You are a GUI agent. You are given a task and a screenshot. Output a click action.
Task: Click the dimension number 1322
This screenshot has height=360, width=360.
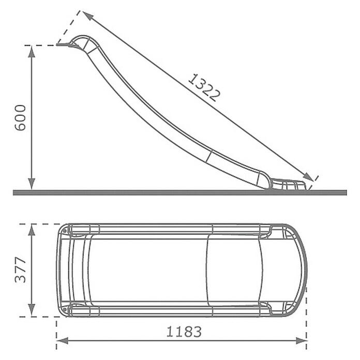204,88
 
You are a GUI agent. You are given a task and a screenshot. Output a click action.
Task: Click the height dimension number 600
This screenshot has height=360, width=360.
20,118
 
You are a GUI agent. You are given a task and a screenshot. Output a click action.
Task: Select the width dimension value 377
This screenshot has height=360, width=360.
20,270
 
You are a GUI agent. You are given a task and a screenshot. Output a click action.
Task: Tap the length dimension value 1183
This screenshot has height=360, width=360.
184,332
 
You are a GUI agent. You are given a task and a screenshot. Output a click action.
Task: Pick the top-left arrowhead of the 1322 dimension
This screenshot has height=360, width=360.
88,16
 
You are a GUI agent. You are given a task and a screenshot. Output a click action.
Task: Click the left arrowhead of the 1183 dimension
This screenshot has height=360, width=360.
62,341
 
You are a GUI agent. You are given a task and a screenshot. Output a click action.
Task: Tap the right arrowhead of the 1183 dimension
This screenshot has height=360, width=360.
301,341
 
